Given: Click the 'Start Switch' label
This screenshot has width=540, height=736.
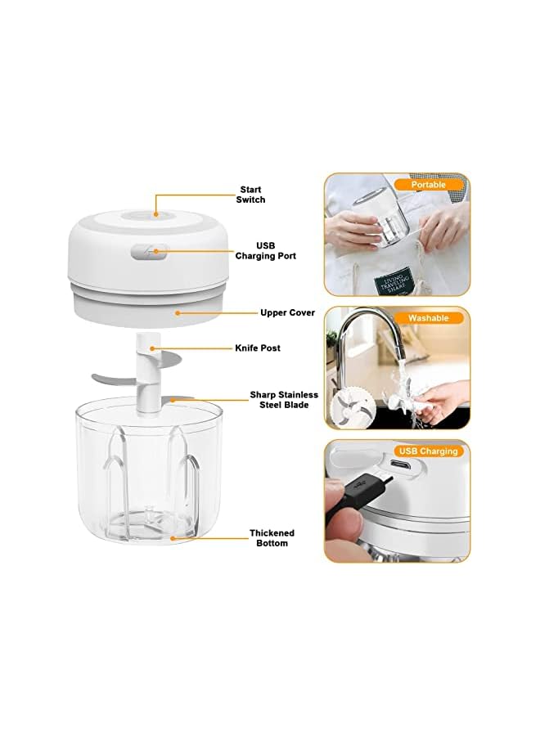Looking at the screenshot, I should [x=250, y=194].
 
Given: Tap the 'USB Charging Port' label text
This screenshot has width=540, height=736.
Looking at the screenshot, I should [x=266, y=250].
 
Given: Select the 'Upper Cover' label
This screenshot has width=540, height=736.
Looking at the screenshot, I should [x=287, y=312].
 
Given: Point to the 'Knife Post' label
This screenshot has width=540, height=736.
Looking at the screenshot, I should [x=258, y=348].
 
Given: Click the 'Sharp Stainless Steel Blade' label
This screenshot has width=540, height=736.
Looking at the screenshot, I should [x=284, y=399].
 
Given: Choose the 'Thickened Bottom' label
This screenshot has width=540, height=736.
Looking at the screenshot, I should [x=272, y=537].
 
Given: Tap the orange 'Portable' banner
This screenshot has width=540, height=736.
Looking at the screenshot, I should [x=429, y=185].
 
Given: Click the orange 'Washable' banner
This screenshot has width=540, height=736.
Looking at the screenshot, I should [x=429, y=317].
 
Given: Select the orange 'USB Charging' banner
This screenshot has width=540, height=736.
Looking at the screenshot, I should [x=429, y=451].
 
